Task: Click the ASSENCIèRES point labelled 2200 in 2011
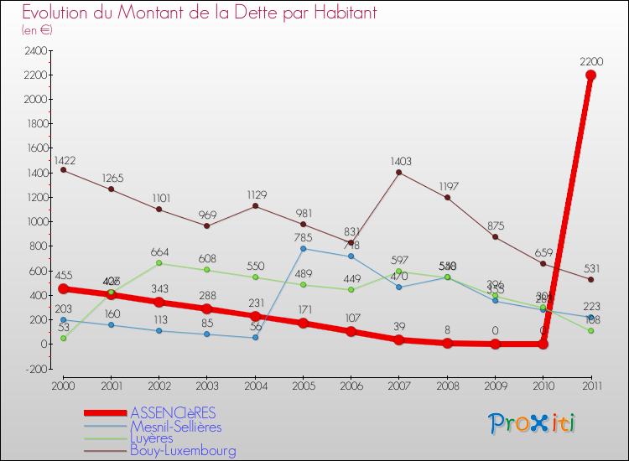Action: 590,75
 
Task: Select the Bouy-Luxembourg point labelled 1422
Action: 64,170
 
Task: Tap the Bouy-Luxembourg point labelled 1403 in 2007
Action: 398,173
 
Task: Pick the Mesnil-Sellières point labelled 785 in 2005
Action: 303,248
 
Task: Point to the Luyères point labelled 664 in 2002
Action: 159,263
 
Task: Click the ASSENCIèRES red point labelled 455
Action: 64,288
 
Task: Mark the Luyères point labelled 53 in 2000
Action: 64,338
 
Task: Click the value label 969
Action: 207,215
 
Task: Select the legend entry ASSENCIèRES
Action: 173,412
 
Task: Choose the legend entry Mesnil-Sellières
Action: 176,426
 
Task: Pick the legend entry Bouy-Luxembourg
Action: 183,450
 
